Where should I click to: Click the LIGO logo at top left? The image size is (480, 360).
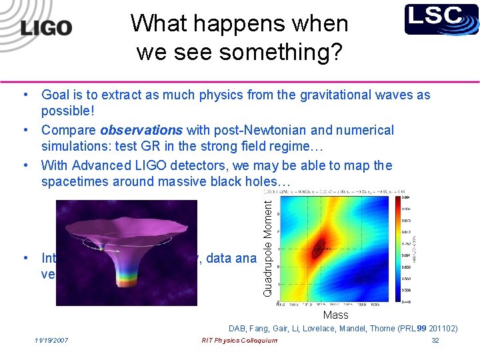[45, 28]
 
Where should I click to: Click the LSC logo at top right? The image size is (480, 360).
[441, 19]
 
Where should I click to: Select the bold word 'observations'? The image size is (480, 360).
[142, 130]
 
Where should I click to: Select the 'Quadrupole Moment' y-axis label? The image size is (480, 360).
[267, 244]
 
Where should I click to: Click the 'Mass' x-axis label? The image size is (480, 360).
[335, 315]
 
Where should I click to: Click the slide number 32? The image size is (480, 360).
[435, 341]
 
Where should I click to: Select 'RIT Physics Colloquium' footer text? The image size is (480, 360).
[239, 341]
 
